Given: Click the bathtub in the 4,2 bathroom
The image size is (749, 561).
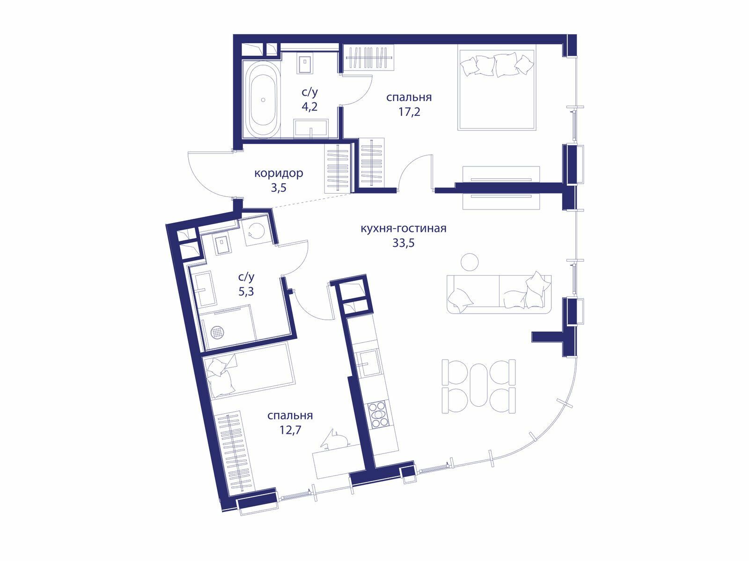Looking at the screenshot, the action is [263, 100].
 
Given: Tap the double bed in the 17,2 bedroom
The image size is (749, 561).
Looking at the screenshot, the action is [497, 90].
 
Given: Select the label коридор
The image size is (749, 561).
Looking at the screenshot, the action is [279, 173].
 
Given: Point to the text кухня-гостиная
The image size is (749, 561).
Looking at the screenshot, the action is [404, 228].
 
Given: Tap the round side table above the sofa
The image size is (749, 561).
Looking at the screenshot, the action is [470, 262].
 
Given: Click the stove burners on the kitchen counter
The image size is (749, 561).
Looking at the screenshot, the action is [378, 414].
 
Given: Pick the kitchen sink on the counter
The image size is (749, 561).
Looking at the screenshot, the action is [368, 363].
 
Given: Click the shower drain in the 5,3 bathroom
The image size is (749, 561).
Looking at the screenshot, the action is [216, 332].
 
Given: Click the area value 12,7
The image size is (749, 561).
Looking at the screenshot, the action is [290, 431].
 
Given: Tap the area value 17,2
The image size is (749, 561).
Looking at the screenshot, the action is [409, 112].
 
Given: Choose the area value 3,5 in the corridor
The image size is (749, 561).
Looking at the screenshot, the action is [279, 187].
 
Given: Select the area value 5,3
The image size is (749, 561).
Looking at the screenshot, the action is [246, 292].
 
